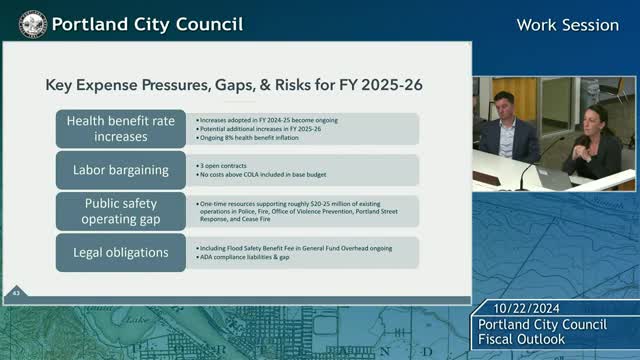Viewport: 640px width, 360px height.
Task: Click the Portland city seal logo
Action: pyautogui.click(x=31, y=23)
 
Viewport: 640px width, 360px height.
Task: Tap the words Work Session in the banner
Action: pyautogui.click(x=567, y=24)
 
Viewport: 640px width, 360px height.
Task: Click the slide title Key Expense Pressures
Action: pyautogui.click(x=234, y=86)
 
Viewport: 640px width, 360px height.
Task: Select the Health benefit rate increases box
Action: pyautogui.click(x=121, y=128)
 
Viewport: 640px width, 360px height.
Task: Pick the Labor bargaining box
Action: pyautogui.click(x=120, y=168)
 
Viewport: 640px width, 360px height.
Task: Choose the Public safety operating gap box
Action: pyautogui.click(x=120, y=210)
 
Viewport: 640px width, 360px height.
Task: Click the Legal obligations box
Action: pyautogui.click(x=120, y=252)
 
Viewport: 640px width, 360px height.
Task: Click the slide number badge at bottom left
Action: pyautogui.click(x=16, y=292)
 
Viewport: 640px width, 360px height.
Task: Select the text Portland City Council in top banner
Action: pyautogui.click(x=146, y=23)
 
